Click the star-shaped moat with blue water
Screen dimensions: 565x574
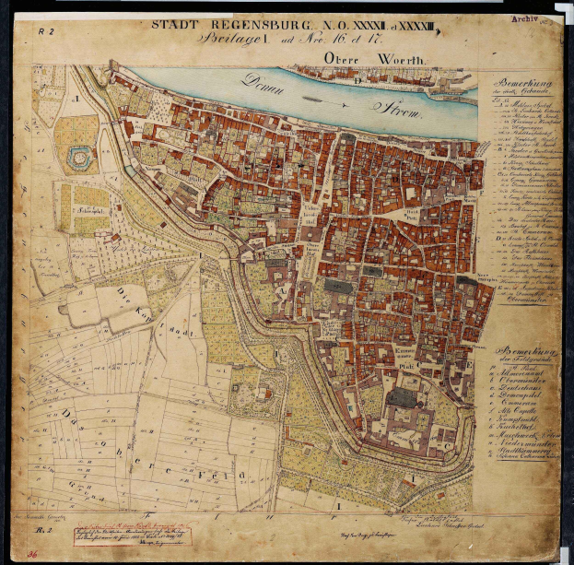pos(79,159)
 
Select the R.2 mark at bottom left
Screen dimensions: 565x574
pos(41,532)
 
